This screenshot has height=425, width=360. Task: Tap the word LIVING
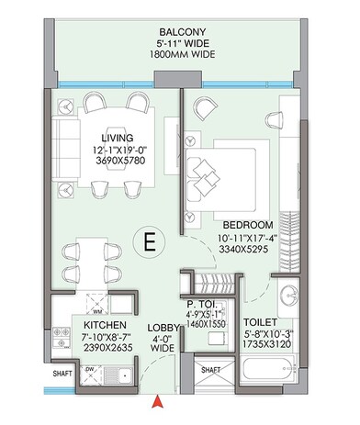[118, 137]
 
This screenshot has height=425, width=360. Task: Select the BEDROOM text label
[248, 225]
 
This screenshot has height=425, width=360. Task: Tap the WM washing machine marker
[97, 311]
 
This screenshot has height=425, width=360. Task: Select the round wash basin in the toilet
[287, 296]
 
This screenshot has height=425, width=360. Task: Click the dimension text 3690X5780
[117, 159]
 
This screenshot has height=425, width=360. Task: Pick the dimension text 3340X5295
[248, 247]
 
